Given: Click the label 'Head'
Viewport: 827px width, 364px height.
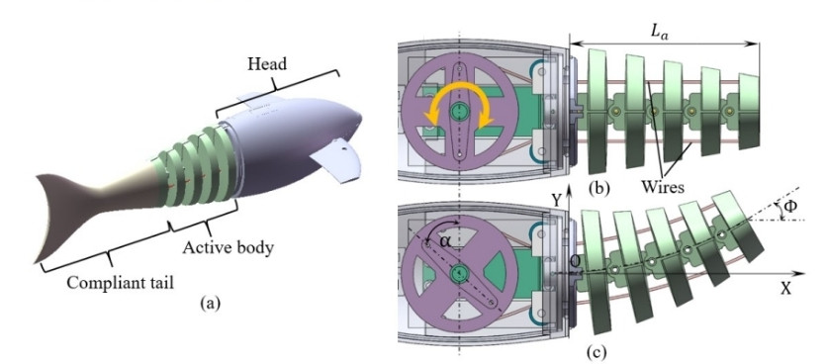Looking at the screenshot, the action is pyautogui.click(x=267, y=64).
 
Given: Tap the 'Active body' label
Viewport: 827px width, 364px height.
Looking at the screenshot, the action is pyautogui.click(x=229, y=247).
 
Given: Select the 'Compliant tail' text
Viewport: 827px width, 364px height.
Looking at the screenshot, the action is pyautogui.click(x=120, y=282).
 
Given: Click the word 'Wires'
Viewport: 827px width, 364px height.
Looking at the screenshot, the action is pyautogui.click(x=663, y=186).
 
